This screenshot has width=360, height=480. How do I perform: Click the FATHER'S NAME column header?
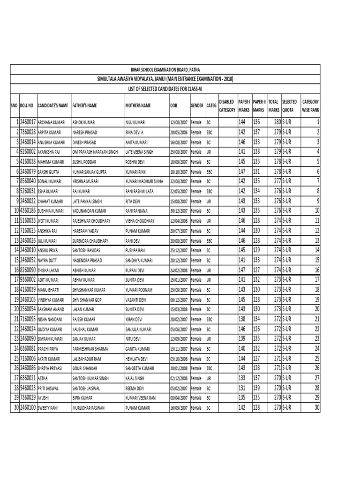pos(85,106)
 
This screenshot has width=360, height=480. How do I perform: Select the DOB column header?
pos(174,106)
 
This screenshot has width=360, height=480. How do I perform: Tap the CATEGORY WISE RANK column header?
pos(311,105)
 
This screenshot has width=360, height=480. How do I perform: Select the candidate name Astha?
pos(43,378)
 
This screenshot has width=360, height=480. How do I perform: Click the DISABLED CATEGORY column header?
pos(226,105)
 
